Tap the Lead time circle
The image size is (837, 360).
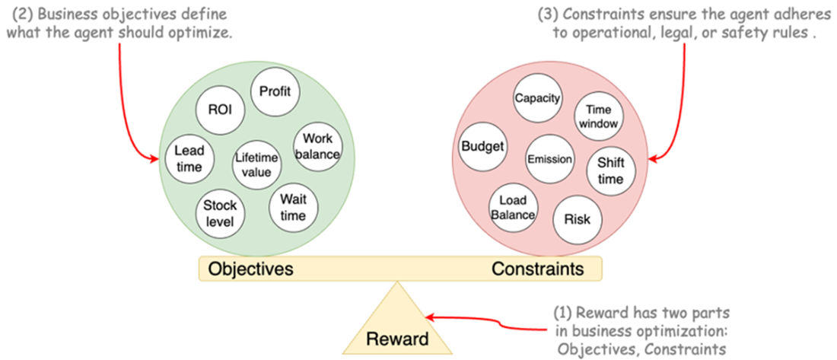[189, 158]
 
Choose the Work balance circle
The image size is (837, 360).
[317, 147]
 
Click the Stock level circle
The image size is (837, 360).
[221, 215]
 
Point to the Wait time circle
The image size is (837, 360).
[292, 207]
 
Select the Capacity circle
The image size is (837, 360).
[537, 99]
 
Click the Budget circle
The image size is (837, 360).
[483, 146]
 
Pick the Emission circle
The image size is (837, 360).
[549, 159]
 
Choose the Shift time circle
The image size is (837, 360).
[610, 171]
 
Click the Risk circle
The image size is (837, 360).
[576, 218]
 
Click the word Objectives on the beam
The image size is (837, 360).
[251, 269]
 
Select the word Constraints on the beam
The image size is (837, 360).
[537, 269]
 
